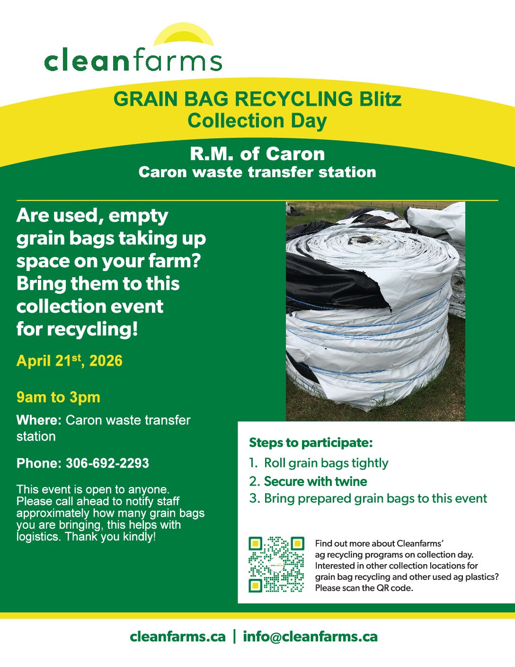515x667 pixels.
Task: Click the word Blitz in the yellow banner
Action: click(378, 99)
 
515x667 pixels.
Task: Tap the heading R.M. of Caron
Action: click(257, 154)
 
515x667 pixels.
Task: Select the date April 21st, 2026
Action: click(69, 361)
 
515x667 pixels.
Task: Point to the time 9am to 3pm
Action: click(58, 397)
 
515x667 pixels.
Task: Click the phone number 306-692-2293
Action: click(107, 463)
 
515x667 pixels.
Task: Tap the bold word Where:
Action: click(39, 420)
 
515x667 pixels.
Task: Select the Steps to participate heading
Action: click(311, 443)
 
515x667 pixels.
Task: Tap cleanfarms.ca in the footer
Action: click(178, 636)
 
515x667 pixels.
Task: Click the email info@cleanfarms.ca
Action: click(310, 636)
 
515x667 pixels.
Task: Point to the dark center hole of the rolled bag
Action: click(366, 239)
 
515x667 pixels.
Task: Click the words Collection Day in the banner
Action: click(257, 120)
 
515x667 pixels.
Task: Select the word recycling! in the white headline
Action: click(92, 329)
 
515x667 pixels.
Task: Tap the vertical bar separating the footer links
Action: click(235, 636)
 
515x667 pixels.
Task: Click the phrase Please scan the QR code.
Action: click(364, 588)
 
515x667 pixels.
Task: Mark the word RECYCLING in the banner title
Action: click(293, 99)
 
